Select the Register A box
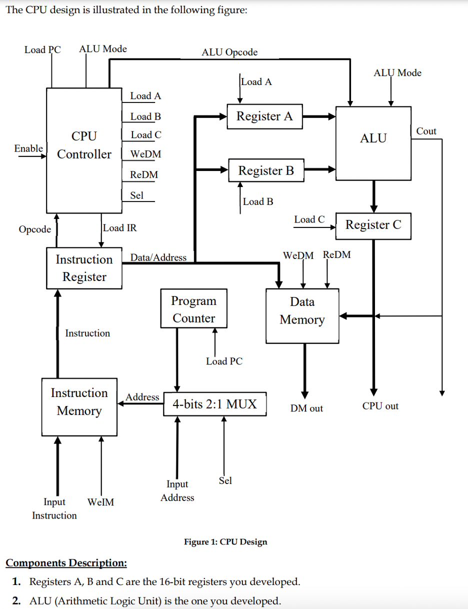click(264, 116)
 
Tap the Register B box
click(266, 170)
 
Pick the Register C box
click(373, 225)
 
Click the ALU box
click(373, 142)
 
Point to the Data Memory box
click(302, 315)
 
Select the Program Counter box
click(193, 308)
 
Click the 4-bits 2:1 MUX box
click(215, 404)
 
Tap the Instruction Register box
click(84, 268)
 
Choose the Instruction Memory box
click(79, 406)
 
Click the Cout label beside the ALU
click(426, 131)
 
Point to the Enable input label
click(28, 148)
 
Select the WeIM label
click(100, 502)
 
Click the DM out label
click(306, 408)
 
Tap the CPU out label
click(380, 406)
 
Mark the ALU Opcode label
click(229, 52)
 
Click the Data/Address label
click(158, 257)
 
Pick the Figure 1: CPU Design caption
click(225, 542)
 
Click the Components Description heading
click(66, 563)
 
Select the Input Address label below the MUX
click(177, 490)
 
